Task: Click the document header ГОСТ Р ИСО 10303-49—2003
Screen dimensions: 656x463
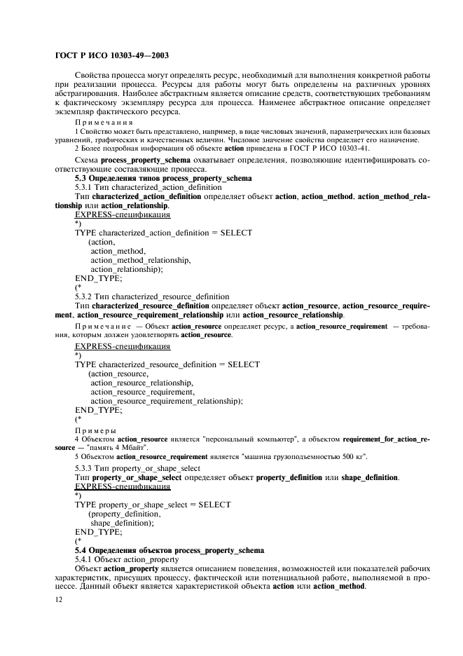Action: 112,55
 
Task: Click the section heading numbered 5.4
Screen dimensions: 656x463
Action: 170,550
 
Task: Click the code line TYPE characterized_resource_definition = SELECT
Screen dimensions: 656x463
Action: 167,364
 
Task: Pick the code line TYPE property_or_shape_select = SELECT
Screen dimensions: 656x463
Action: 153,504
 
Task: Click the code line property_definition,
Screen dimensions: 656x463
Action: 120,513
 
